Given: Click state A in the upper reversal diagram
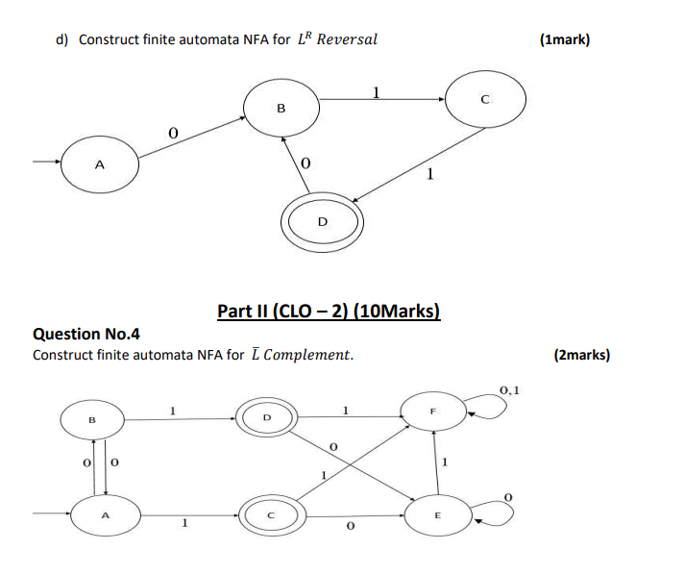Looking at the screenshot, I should tap(100, 164).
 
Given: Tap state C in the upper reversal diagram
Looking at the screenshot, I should tap(485, 98).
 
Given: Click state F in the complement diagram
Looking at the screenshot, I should tap(433, 411).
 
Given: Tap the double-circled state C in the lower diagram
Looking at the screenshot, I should tap(270, 514).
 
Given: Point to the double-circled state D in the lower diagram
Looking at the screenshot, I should tap(268, 417).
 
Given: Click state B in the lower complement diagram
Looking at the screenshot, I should tap(93, 419).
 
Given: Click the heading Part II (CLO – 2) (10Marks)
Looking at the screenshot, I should tap(329, 311).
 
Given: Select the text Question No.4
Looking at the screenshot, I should tap(86, 334).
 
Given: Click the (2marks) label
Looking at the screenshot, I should tap(582, 355).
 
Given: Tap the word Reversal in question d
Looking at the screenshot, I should tap(347, 39).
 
